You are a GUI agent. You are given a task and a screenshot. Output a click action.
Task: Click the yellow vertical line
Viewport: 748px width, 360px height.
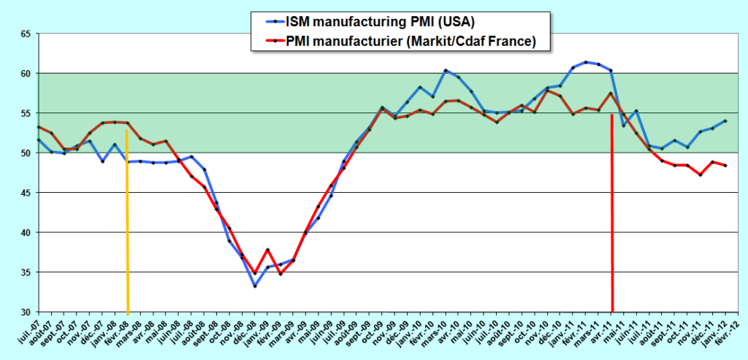(128, 219)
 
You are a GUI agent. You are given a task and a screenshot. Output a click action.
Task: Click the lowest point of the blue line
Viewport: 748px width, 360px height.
(255, 286)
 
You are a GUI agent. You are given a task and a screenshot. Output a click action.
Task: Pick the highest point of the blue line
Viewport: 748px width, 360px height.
(586, 62)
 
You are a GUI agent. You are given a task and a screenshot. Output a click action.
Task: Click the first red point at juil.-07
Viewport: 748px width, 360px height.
(38, 127)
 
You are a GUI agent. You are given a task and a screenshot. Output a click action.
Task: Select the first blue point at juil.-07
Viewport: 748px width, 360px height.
(38, 139)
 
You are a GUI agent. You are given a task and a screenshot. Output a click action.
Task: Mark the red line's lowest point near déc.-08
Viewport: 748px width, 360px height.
(255, 273)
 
